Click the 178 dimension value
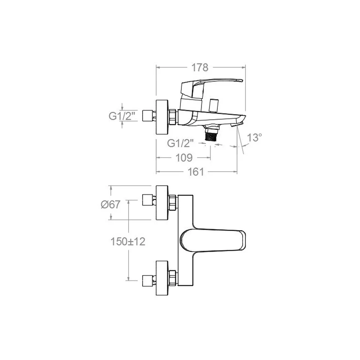200,68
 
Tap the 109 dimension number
184,158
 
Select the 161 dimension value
196,172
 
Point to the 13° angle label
255,138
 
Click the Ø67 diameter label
111,204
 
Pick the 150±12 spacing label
128,242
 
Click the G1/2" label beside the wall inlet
122,116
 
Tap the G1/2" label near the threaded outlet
180,143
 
